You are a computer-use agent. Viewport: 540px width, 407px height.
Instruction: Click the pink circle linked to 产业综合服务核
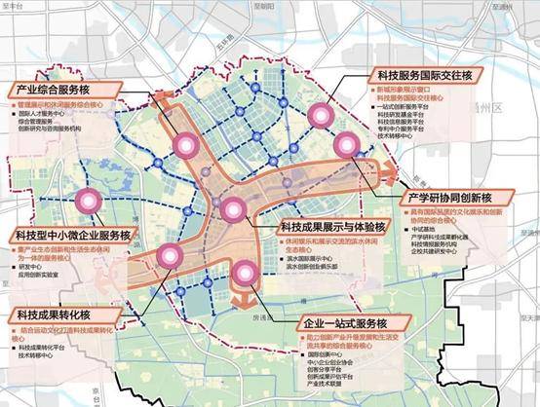point(185,146)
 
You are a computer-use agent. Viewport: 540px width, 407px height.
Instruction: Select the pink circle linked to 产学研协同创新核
point(347,146)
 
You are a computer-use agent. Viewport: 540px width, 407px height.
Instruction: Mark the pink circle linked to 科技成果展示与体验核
point(232,208)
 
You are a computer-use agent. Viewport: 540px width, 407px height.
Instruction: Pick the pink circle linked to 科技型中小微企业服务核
point(91,202)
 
